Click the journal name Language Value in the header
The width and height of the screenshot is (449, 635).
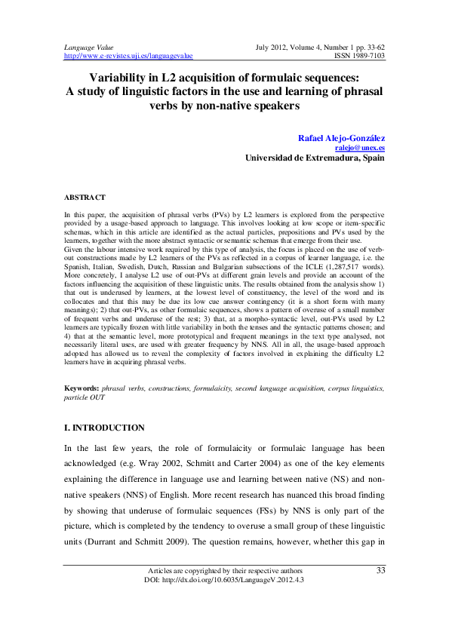click(x=86, y=47)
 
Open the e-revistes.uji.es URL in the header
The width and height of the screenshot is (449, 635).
click(x=129, y=55)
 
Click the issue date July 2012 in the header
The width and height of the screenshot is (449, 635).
click(x=274, y=47)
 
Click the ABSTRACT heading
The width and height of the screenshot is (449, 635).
click(x=85, y=197)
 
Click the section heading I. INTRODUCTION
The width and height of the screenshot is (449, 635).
click(x=104, y=428)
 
